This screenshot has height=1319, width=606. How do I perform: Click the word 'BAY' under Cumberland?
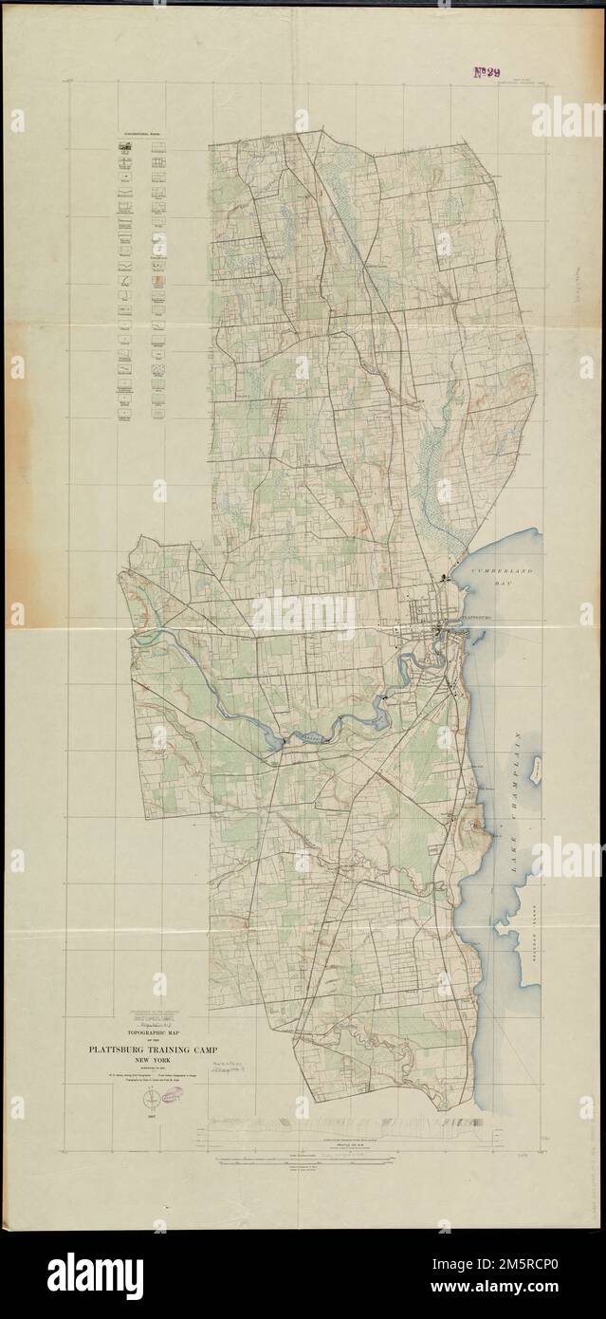coord(504,588)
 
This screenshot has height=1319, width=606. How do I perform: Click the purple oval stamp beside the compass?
coord(173,1098)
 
